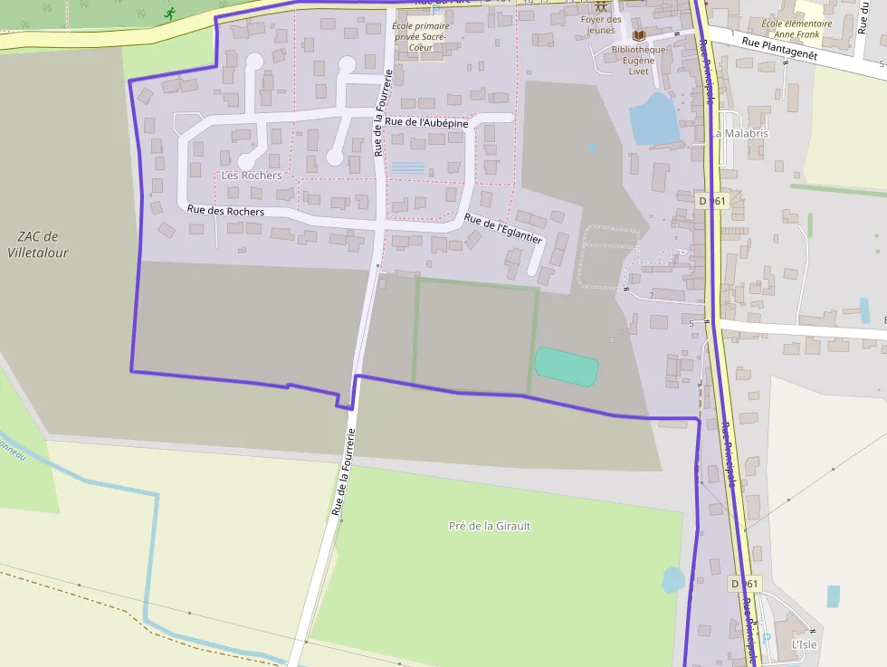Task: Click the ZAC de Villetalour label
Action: click(38, 244)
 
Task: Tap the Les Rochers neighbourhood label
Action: click(252, 175)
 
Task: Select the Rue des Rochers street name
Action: click(225, 211)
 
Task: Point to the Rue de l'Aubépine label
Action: click(426, 122)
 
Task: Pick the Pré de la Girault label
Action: click(490, 526)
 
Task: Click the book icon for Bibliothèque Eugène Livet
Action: click(638, 35)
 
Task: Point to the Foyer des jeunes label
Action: click(601, 24)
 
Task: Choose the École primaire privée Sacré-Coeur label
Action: click(420, 36)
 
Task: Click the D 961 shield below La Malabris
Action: click(713, 200)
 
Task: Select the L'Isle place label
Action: click(804, 643)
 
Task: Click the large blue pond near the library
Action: click(654, 119)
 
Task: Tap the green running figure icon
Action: click(169, 14)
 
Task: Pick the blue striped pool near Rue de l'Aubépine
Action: click(407, 168)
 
